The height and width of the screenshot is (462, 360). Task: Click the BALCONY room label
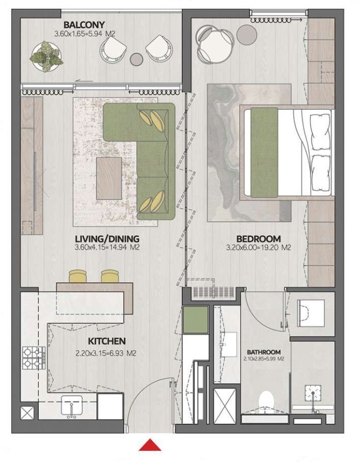[84, 24]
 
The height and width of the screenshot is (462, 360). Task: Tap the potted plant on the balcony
[47, 56]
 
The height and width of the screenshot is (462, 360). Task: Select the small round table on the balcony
[136, 59]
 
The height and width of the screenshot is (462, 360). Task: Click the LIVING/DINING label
[107, 239]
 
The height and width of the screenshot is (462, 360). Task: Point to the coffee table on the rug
[109, 178]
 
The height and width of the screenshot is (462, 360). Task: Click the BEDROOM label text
[259, 239]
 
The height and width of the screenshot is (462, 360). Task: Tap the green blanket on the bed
[264, 152]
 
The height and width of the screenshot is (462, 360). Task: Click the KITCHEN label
[107, 341]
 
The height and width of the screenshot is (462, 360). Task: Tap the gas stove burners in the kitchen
[34, 357]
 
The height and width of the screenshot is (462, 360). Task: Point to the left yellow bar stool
[78, 276]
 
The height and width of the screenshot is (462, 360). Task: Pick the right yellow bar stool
[110, 276]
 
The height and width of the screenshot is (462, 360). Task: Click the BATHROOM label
[263, 352]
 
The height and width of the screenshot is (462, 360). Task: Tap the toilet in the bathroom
[266, 401]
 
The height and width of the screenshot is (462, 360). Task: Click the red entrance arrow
[150, 445]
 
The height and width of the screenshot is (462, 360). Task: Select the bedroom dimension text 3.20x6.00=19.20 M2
[259, 248]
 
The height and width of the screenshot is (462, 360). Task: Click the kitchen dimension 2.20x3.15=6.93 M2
[106, 353]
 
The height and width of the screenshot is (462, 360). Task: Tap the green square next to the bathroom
[195, 320]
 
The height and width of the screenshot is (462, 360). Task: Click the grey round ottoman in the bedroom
[247, 35]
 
